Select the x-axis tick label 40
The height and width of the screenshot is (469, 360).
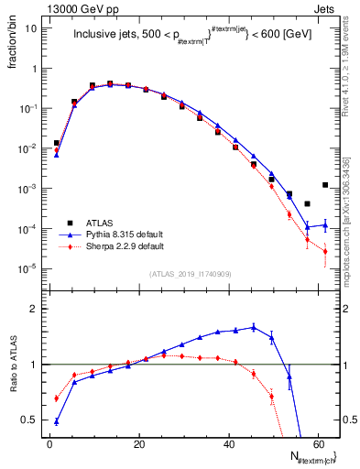tap(227, 442)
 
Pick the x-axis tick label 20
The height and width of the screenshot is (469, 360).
tap(138, 442)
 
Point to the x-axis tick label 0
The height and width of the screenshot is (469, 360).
tap(49, 442)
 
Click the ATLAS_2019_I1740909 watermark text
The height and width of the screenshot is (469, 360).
tap(190, 273)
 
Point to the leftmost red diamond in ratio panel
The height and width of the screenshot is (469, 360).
tap(57, 398)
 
